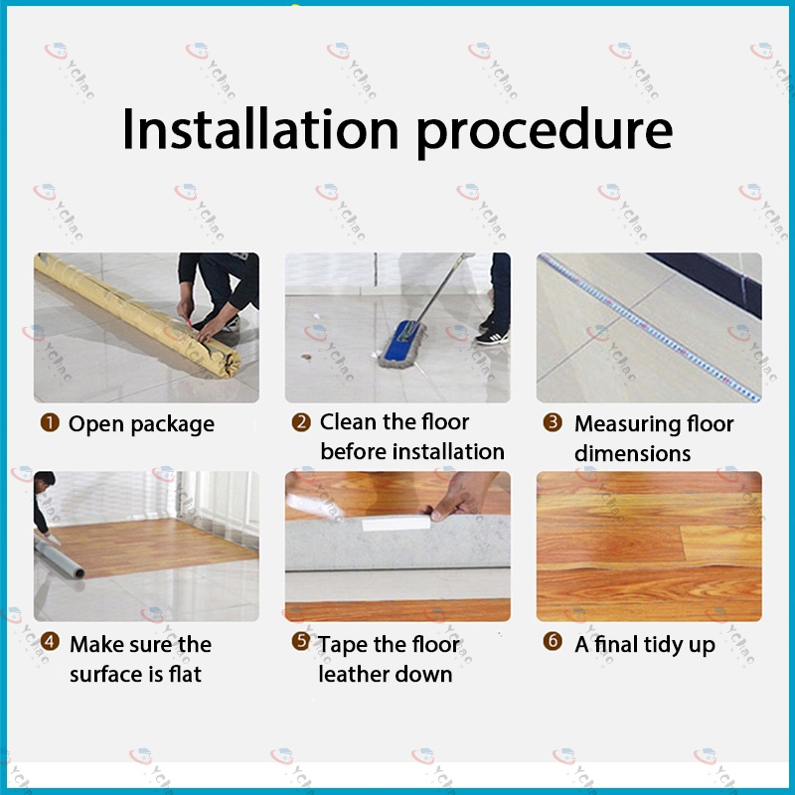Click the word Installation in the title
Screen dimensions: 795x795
[260, 129]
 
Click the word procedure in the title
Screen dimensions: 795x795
[545, 132]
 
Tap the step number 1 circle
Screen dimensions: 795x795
[50, 423]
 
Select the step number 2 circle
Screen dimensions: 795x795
[301, 421]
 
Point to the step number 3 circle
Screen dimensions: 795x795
[553, 422]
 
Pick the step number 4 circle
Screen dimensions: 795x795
[50, 641]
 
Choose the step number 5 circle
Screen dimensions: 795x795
[301, 641]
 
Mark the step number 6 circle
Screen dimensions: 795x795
[553, 641]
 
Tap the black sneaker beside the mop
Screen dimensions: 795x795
[492, 337]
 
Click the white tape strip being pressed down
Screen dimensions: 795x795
[396, 524]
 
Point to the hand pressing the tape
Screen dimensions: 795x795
[461, 495]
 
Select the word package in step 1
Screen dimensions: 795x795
[172, 426]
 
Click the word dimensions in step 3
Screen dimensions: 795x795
[632, 453]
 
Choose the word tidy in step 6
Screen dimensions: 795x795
[658, 645]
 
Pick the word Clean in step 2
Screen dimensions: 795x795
[348, 421]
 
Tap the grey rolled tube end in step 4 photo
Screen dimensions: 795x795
[78, 573]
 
